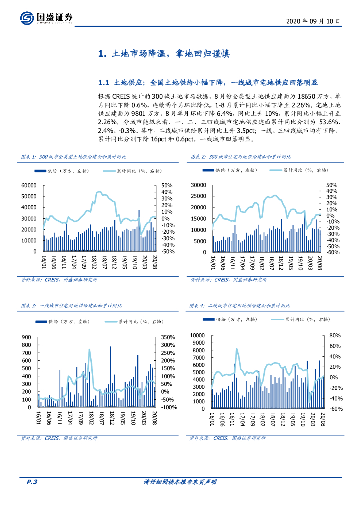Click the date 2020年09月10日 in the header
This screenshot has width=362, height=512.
point(314,22)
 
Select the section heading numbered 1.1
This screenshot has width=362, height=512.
point(208,82)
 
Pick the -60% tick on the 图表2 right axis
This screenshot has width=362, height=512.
point(331,252)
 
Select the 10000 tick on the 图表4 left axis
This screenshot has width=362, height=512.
point(199,335)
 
